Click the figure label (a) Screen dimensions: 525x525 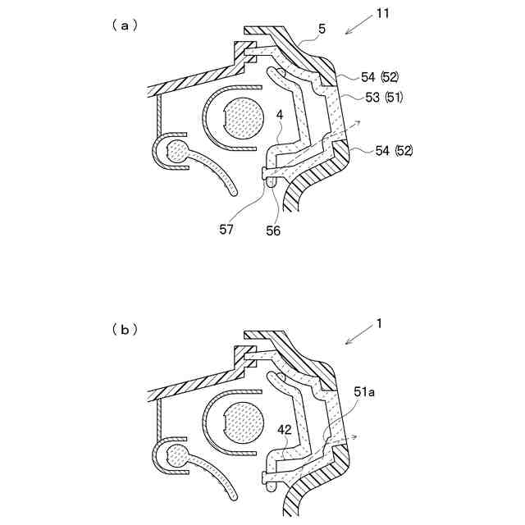[x=125, y=25]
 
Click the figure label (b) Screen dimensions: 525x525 [x=125, y=330]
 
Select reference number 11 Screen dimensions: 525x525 [x=383, y=14]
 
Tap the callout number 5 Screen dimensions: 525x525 [x=322, y=30]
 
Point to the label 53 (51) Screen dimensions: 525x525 [x=384, y=98]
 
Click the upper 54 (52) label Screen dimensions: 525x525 [x=380, y=78]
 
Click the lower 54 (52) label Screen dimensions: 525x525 [x=394, y=151]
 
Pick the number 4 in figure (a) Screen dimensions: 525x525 [x=280, y=115]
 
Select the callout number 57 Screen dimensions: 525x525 [x=226, y=230]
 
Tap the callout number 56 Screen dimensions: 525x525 [x=273, y=231]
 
